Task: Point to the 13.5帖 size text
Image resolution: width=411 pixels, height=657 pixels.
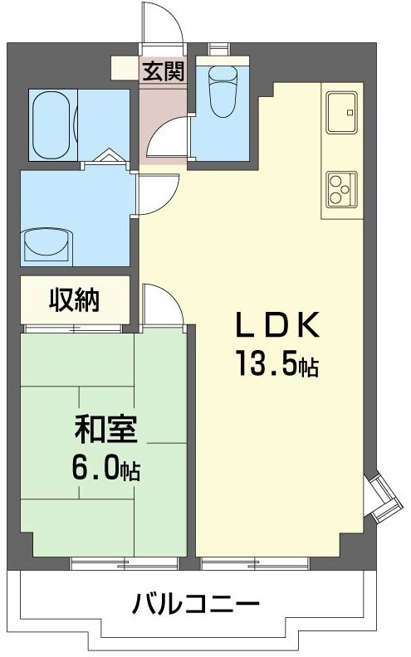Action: point(277,365)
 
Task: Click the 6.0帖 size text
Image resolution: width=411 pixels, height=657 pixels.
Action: point(105,470)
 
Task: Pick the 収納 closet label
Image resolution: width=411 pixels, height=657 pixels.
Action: point(75,299)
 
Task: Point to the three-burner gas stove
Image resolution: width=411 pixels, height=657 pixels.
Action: point(341,187)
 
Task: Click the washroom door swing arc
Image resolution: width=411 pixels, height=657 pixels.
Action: point(154,194)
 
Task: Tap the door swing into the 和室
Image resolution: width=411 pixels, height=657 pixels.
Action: point(162,304)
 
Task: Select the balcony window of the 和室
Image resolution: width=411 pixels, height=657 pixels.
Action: point(124,563)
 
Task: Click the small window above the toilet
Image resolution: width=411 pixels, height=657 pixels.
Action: point(221,48)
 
